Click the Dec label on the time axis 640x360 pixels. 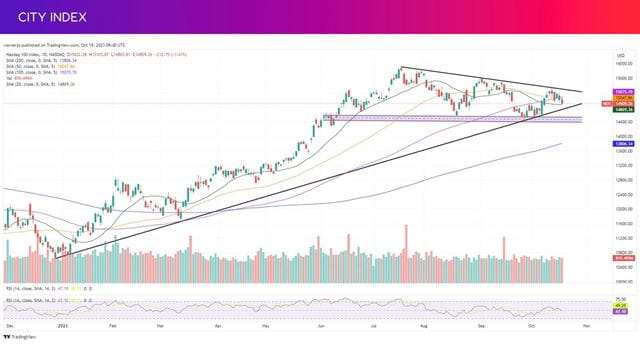pyautogui.click(x=9, y=327)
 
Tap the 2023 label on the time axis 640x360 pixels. pyautogui.click(x=64, y=327)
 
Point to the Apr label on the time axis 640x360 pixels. pyautogui.click(x=217, y=327)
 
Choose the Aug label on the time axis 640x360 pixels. pyautogui.click(x=424, y=327)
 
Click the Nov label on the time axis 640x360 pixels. pyautogui.click(x=586, y=327)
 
